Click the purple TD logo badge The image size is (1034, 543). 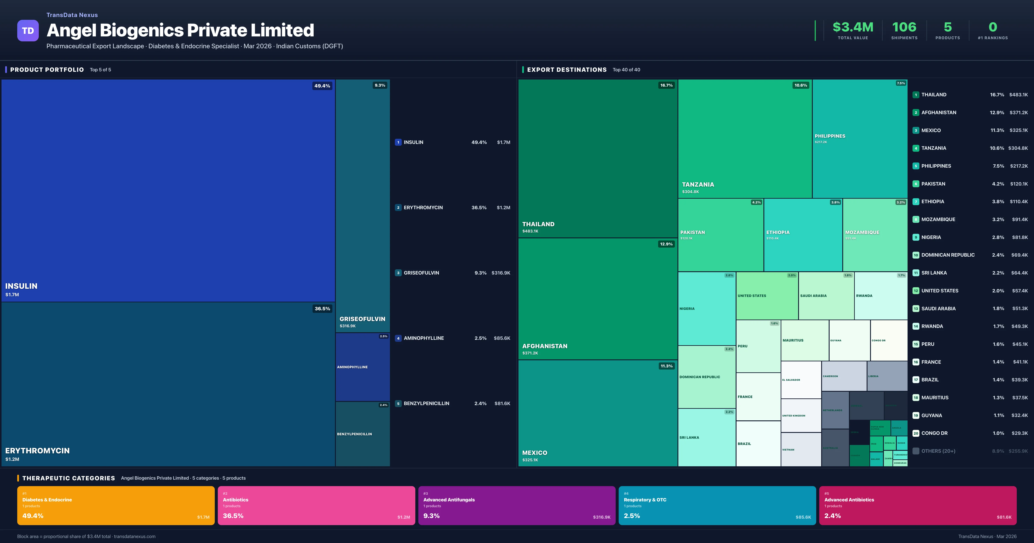(x=28, y=31)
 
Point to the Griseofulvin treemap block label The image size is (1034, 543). (x=362, y=319)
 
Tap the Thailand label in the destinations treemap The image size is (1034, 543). (x=538, y=224)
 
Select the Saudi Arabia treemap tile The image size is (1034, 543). (x=826, y=296)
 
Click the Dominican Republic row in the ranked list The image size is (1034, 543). (x=948, y=255)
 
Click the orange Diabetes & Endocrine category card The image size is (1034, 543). (x=116, y=505)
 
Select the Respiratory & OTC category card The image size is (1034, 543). (x=717, y=505)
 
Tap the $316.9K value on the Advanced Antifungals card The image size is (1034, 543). (x=601, y=517)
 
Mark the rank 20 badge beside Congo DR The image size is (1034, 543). (x=916, y=433)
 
